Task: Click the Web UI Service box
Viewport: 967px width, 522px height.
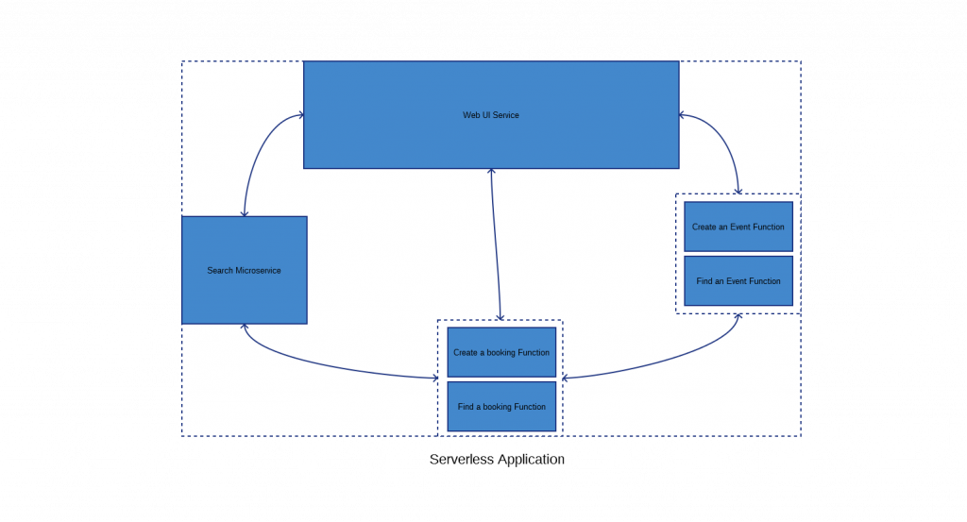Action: pyautogui.click(x=491, y=114)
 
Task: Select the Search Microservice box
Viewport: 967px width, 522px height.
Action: pyautogui.click(x=245, y=270)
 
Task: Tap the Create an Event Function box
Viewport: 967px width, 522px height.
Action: pyautogui.click(x=738, y=227)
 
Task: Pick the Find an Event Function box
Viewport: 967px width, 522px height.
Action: pyautogui.click(x=738, y=281)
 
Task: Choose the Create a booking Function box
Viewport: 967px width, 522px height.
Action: pyautogui.click(x=501, y=352)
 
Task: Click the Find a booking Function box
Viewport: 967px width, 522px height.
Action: pyautogui.click(x=501, y=406)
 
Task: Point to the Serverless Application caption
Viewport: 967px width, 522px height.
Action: pyautogui.click(x=497, y=459)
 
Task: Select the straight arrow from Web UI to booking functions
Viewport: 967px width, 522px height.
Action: pyautogui.click(x=496, y=244)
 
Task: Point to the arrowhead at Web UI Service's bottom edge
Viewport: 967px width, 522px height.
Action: pyautogui.click(x=491, y=172)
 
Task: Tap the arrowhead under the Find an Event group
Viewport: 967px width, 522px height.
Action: pyautogui.click(x=738, y=317)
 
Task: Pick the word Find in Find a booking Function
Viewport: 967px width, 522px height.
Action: pyautogui.click(x=465, y=407)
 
